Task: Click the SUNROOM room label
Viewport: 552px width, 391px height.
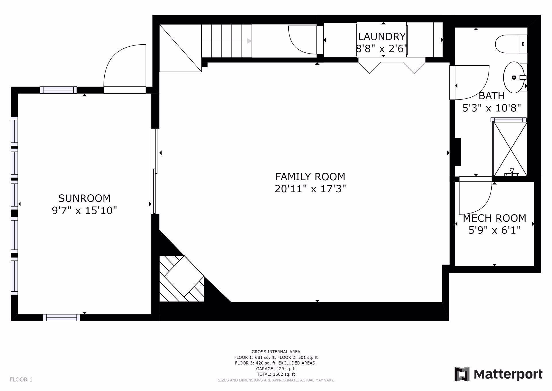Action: (x=84, y=198)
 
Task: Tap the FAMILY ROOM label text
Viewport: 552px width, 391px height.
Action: (x=310, y=176)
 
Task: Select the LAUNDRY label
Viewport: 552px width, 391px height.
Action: (x=382, y=37)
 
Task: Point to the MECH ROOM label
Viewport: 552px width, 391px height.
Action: (x=494, y=218)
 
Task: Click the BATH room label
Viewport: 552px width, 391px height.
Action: (x=492, y=96)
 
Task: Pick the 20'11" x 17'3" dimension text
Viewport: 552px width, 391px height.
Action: (x=310, y=189)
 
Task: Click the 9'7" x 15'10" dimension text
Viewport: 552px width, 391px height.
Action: (x=84, y=210)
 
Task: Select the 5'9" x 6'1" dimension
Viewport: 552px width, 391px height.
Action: (x=494, y=230)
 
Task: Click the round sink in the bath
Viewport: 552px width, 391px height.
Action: (x=514, y=77)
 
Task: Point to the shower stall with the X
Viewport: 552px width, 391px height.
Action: (x=510, y=149)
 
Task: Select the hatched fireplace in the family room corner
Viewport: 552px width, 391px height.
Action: (x=182, y=279)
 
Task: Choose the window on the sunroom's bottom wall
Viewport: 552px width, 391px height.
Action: (x=62, y=318)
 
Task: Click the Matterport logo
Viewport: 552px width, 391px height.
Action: (x=498, y=374)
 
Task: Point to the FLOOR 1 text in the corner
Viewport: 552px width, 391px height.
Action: (x=21, y=379)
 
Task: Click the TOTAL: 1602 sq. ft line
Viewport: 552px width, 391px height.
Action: (x=276, y=374)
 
